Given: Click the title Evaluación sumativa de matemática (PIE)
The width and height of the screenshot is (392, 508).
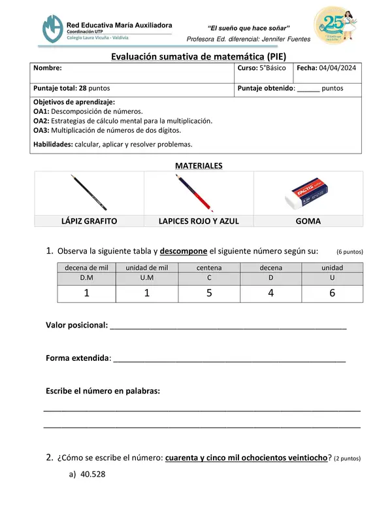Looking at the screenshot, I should pyautogui.click(x=198, y=57).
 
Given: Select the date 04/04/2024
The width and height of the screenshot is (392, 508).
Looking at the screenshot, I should pyautogui.click(x=337, y=68).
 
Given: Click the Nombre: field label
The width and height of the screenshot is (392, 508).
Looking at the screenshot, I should pyautogui.click(x=48, y=68).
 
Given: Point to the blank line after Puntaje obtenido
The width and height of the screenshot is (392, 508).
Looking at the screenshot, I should pyautogui.click(x=308, y=88).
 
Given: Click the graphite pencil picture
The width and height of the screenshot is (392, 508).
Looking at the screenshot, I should pyautogui.click(x=89, y=192).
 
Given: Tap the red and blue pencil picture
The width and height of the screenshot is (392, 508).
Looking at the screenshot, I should pyautogui.click(x=199, y=192).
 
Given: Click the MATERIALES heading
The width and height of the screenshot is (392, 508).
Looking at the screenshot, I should pyautogui.click(x=199, y=166).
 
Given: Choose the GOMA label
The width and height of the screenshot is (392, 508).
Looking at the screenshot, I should pyautogui.click(x=308, y=221).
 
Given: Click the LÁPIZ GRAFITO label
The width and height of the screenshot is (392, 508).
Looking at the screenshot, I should pyautogui.click(x=89, y=221).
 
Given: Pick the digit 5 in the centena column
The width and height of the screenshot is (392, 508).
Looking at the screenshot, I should pyautogui.click(x=209, y=294).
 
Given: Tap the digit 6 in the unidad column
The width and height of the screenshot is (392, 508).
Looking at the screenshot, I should pyautogui.click(x=332, y=294).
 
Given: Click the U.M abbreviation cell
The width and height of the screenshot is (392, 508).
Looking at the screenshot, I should pyautogui.click(x=147, y=278).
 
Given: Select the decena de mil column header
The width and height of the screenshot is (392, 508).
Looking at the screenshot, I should pyautogui.click(x=86, y=267).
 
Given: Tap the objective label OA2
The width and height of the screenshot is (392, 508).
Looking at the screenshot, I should pyautogui.click(x=41, y=121).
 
